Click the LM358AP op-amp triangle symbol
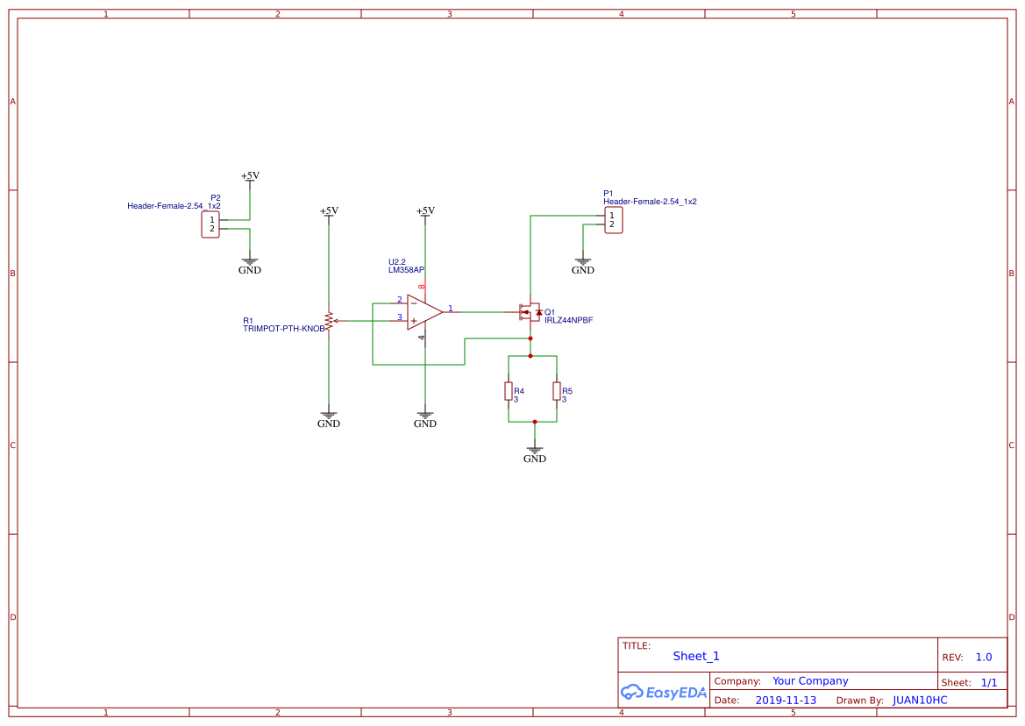(x=424, y=312)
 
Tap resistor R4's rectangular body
(x=509, y=390)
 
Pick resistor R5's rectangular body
(x=557, y=390)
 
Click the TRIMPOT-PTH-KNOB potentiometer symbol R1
(x=329, y=321)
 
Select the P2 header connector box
(x=210, y=224)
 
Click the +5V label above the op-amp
(x=425, y=210)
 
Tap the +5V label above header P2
(x=250, y=175)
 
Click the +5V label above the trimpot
(x=329, y=210)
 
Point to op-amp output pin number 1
(x=451, y=309)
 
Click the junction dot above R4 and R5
(x=530, y=356)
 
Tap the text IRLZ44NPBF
(x=568, y=321)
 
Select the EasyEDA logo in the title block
(x=663, y=692)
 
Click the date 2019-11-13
(x=786, y=701)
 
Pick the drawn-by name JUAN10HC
(x=920, y=701)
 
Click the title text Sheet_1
(x=696, y=656)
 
